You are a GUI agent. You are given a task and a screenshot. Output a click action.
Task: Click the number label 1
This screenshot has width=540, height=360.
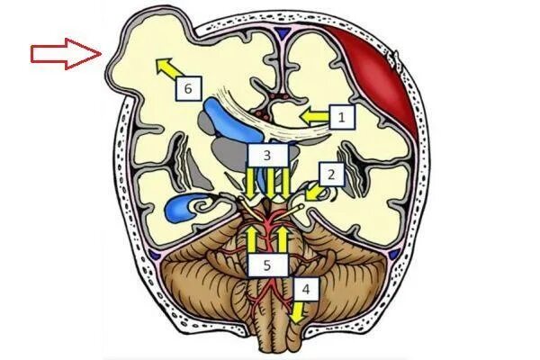click(341, 115)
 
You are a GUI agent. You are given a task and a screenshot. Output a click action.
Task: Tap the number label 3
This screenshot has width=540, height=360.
click(266, 156)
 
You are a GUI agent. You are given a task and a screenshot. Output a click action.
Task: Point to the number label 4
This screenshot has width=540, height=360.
click(306, 290)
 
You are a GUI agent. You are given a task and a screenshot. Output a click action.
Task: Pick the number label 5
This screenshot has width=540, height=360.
click(267, 265)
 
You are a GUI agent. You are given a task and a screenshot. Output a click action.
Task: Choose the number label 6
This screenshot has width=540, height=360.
click(186, 88)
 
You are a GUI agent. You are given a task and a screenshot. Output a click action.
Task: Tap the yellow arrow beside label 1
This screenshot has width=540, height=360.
click(313, 115)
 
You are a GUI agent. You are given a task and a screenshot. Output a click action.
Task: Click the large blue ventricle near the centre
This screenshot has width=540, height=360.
click(220, 118)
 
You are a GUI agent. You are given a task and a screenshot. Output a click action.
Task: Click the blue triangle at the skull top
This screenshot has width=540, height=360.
click(285, 32)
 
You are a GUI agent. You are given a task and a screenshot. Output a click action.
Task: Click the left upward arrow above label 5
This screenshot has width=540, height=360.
click(253, 238)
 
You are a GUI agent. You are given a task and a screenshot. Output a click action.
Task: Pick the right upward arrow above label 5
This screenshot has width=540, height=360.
click(282, 238)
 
